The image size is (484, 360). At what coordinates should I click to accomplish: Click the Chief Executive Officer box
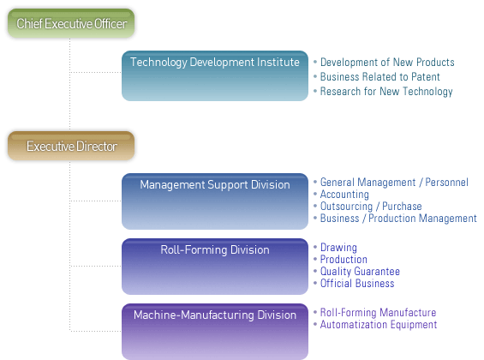(71, 23)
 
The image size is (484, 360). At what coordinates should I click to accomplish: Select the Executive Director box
(71, 146)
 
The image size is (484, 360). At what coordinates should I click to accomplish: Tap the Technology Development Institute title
(215, 63)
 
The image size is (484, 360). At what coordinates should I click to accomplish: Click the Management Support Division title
(215, 184)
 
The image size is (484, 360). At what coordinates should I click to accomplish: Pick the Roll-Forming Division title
(215, 249)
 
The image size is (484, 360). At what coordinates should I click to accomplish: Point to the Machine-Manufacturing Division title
(215, 315)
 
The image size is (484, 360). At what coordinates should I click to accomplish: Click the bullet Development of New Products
(387, 62)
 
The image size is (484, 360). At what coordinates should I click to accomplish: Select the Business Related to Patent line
(380, 76)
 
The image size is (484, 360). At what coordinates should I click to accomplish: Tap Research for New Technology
(386, 92)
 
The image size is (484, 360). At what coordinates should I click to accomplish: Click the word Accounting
(344, 195)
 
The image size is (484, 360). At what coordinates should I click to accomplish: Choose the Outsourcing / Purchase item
(371, 207)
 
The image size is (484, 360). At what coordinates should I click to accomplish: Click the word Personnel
(446, 183)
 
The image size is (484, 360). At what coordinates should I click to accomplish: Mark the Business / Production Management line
(398, 219)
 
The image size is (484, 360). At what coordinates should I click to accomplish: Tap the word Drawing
(338, 248)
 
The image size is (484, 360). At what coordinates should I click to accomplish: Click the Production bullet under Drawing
(344, 260)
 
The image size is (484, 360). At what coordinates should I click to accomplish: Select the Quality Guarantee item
(360, 272)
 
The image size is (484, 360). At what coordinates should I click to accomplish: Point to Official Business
(357, 283)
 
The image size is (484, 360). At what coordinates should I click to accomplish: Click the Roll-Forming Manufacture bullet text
(378, 313)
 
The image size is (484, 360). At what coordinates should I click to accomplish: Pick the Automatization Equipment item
(379, 325)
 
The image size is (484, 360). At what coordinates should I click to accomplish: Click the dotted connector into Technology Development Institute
(96, 73)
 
